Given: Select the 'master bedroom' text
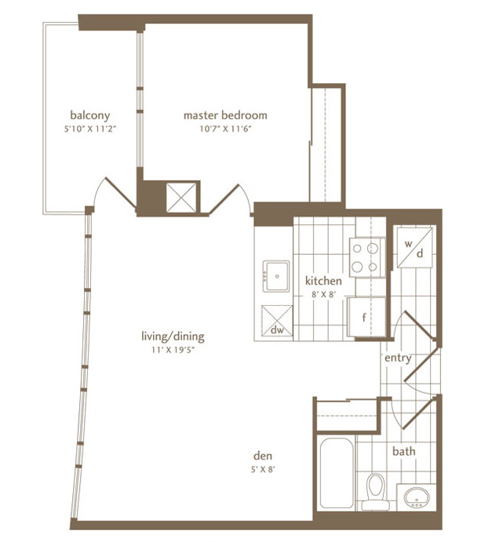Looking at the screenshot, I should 225,115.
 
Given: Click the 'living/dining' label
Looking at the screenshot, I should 173,336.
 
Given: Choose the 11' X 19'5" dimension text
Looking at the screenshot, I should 173,350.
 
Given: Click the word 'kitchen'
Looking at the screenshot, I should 323,281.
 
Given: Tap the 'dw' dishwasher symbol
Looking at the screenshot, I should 276,322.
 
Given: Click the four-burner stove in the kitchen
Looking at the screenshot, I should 365,257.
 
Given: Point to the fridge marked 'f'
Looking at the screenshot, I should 365,318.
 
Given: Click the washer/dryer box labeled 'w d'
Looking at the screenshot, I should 414,248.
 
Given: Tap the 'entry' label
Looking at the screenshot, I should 398,358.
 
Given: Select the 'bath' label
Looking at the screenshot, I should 404,452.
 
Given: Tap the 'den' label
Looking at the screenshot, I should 262,456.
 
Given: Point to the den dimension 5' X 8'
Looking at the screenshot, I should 262,469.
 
